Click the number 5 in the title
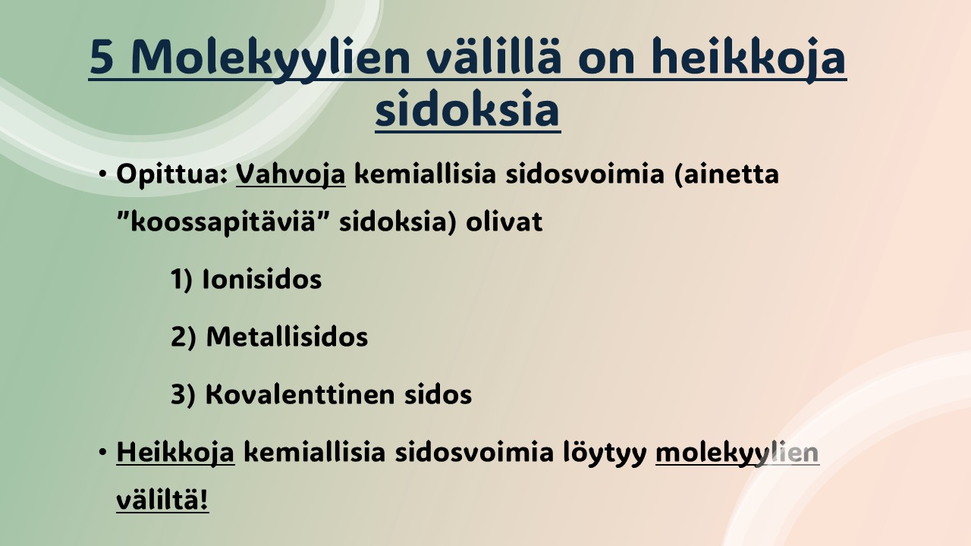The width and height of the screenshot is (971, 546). pos(102,57)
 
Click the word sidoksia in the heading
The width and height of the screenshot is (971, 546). pos(467,108)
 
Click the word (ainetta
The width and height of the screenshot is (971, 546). pos(727,174)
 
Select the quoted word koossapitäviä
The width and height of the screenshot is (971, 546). pos(222,222)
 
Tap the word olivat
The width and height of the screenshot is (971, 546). pos(504,222)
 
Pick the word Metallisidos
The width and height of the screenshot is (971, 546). pos(287,336)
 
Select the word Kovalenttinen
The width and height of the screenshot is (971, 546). pos(300,394)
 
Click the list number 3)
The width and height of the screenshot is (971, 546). pos(183,394)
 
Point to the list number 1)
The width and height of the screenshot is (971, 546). pos(181,279)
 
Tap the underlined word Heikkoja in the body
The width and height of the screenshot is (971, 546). pos(175,453)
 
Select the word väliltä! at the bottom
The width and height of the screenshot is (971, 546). pos(162,500)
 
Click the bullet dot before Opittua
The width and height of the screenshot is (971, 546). pos(102,174)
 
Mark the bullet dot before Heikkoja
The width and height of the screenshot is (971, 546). pos(102,452)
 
